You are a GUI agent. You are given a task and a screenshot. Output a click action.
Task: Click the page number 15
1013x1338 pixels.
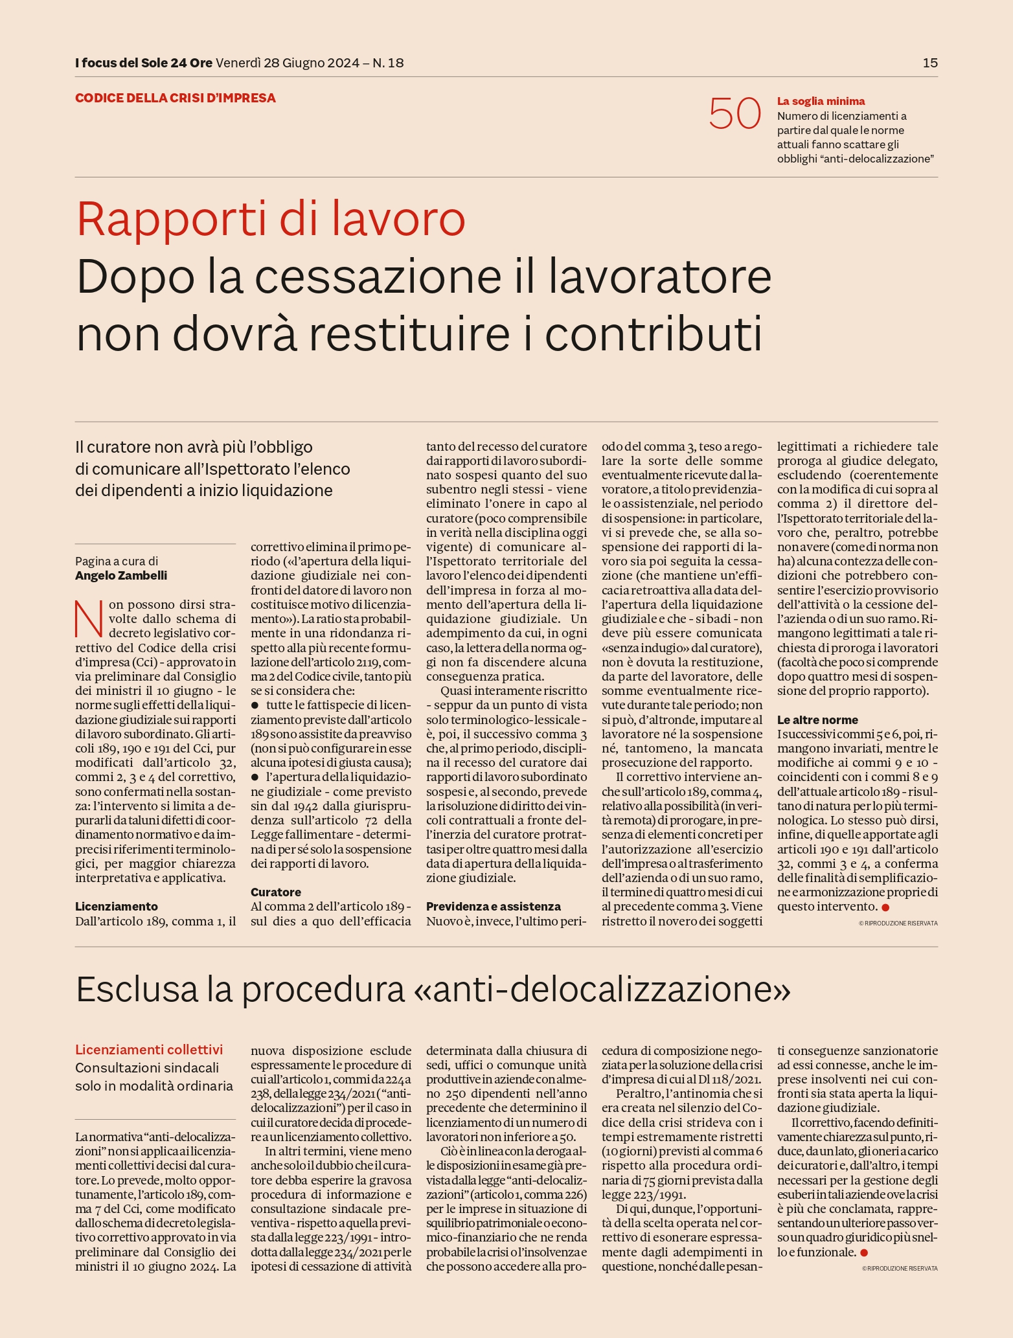tap(929, 63)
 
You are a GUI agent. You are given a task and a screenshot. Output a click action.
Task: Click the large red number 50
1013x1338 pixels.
tap(734, 114)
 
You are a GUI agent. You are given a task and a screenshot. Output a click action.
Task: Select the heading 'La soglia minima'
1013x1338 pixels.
tap(821, 101)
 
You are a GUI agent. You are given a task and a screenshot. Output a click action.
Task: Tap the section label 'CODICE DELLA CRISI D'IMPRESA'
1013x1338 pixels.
tap(176, 98)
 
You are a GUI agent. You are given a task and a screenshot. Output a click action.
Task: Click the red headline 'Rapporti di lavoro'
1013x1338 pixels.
tap(271, 220)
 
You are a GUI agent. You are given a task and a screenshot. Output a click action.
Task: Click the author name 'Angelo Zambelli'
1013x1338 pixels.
tap(121, 575)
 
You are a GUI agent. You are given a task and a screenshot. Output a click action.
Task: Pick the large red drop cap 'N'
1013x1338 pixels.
tap(89, 618)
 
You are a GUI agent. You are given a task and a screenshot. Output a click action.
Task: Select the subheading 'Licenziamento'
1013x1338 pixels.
tap(117, 906)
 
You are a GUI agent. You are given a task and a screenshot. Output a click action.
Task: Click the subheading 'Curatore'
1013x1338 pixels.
tap(276, 892)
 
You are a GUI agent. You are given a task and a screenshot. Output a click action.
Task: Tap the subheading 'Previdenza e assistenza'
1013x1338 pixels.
tap(494, 906)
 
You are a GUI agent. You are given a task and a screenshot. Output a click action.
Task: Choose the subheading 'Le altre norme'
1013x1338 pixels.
tap(817, 720)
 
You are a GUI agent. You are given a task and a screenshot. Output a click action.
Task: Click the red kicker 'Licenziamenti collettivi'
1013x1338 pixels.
tap(149, 1049)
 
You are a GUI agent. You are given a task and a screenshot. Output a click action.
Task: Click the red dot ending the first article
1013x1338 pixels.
tap(885, 907)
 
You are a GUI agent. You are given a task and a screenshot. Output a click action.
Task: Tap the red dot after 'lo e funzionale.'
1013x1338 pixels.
tap(863, 1253)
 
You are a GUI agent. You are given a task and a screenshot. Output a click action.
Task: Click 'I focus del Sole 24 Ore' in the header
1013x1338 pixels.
tap(143, 63)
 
